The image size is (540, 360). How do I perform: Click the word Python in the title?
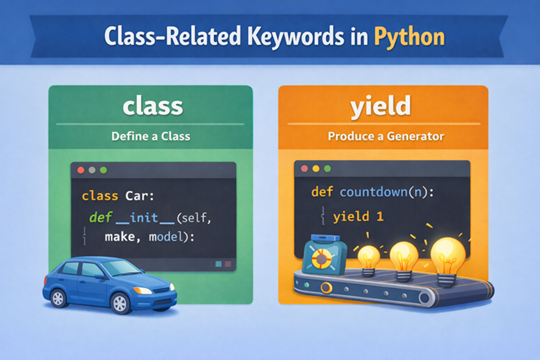(x=409, y=36)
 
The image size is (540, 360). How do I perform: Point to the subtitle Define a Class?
(x=150, y=136)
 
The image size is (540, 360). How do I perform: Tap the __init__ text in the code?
(x=144, y=218)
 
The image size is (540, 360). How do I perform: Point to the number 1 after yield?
(x=379, y=217)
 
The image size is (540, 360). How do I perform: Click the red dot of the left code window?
(x=80, y=170)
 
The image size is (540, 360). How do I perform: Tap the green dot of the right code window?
(x=328, y=169)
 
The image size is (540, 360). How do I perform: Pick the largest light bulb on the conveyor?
(x=448, y=254)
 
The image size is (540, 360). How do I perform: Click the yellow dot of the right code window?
(x=316, y=169)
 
